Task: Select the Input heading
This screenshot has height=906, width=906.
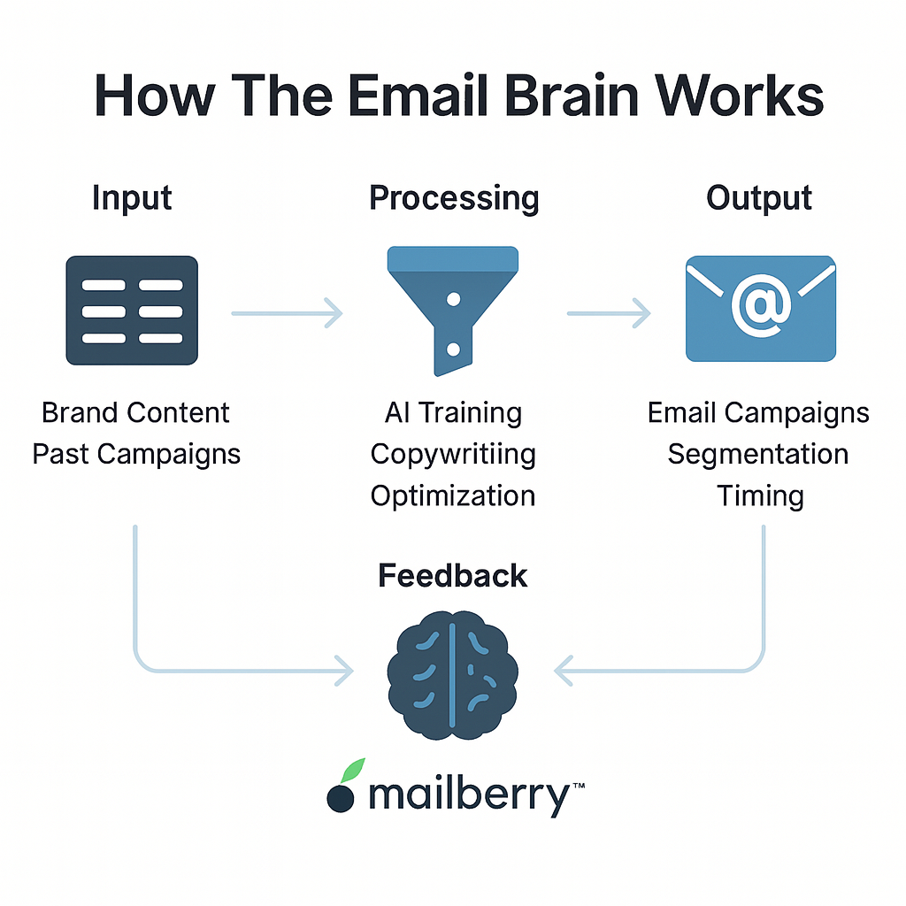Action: pos(133,199)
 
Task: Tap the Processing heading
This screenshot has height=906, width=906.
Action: pos(454,199)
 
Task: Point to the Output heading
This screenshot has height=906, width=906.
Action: pos(758,199)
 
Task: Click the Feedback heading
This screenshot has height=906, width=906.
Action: pos(452,575)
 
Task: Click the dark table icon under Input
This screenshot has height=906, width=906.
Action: pos(132,311)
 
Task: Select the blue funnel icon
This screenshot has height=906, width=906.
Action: pos(453,311)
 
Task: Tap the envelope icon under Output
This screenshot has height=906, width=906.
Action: pos(760,309)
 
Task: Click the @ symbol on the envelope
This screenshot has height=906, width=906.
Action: pos(761,305)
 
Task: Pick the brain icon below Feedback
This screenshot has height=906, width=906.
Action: pos(452,675)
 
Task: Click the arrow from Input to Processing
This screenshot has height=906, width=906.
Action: pos(288,313)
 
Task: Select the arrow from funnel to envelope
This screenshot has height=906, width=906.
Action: pos(609,313)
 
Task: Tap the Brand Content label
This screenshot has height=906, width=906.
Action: pos(135,412)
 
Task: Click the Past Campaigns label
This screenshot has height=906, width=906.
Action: pos(136,455)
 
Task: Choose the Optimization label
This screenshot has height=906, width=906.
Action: pos(453,496)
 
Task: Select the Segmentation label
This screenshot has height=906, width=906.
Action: pos(758,455)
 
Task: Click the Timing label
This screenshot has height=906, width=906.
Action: pos(760,496)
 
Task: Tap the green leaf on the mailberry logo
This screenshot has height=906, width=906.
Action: pos(352,771)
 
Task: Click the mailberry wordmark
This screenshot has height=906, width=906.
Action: pos(469,796)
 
